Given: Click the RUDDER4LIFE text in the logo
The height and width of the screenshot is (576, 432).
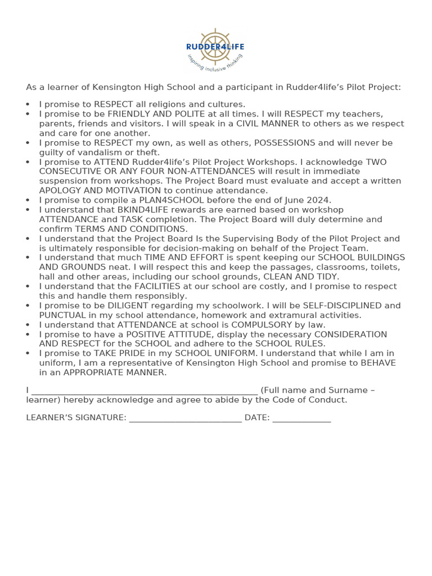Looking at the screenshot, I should tap(215, 47).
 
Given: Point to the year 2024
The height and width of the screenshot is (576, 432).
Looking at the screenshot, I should tap(321, 200).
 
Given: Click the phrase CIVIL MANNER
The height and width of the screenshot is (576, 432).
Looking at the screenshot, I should tap(268, 124).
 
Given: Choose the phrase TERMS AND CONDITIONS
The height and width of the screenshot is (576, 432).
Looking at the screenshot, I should tap(131, 229).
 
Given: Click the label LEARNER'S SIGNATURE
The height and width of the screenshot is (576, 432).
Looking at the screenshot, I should tap(76, 417).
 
